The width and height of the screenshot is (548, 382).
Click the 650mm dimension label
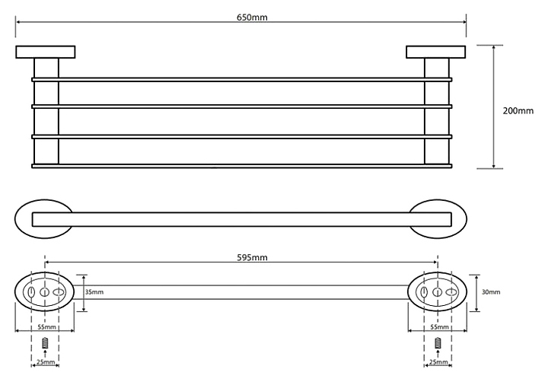[x=241, y=16]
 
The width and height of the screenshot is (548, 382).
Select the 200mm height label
[x=518, y=110]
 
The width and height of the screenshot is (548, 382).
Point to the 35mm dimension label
[x=94, y=291]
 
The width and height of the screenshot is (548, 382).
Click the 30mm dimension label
[x=492, y=291]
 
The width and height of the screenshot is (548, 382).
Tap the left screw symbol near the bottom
[x=45, y=343]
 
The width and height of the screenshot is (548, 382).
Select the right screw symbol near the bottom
[x=438, y=343]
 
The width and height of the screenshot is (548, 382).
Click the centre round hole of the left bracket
[x=45, y=292]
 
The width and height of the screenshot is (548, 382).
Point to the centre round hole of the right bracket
[x=438, y=292]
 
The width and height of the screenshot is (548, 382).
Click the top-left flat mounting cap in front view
[x=45, y=53]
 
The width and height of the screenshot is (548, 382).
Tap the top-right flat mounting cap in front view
[x=435, y=53]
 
